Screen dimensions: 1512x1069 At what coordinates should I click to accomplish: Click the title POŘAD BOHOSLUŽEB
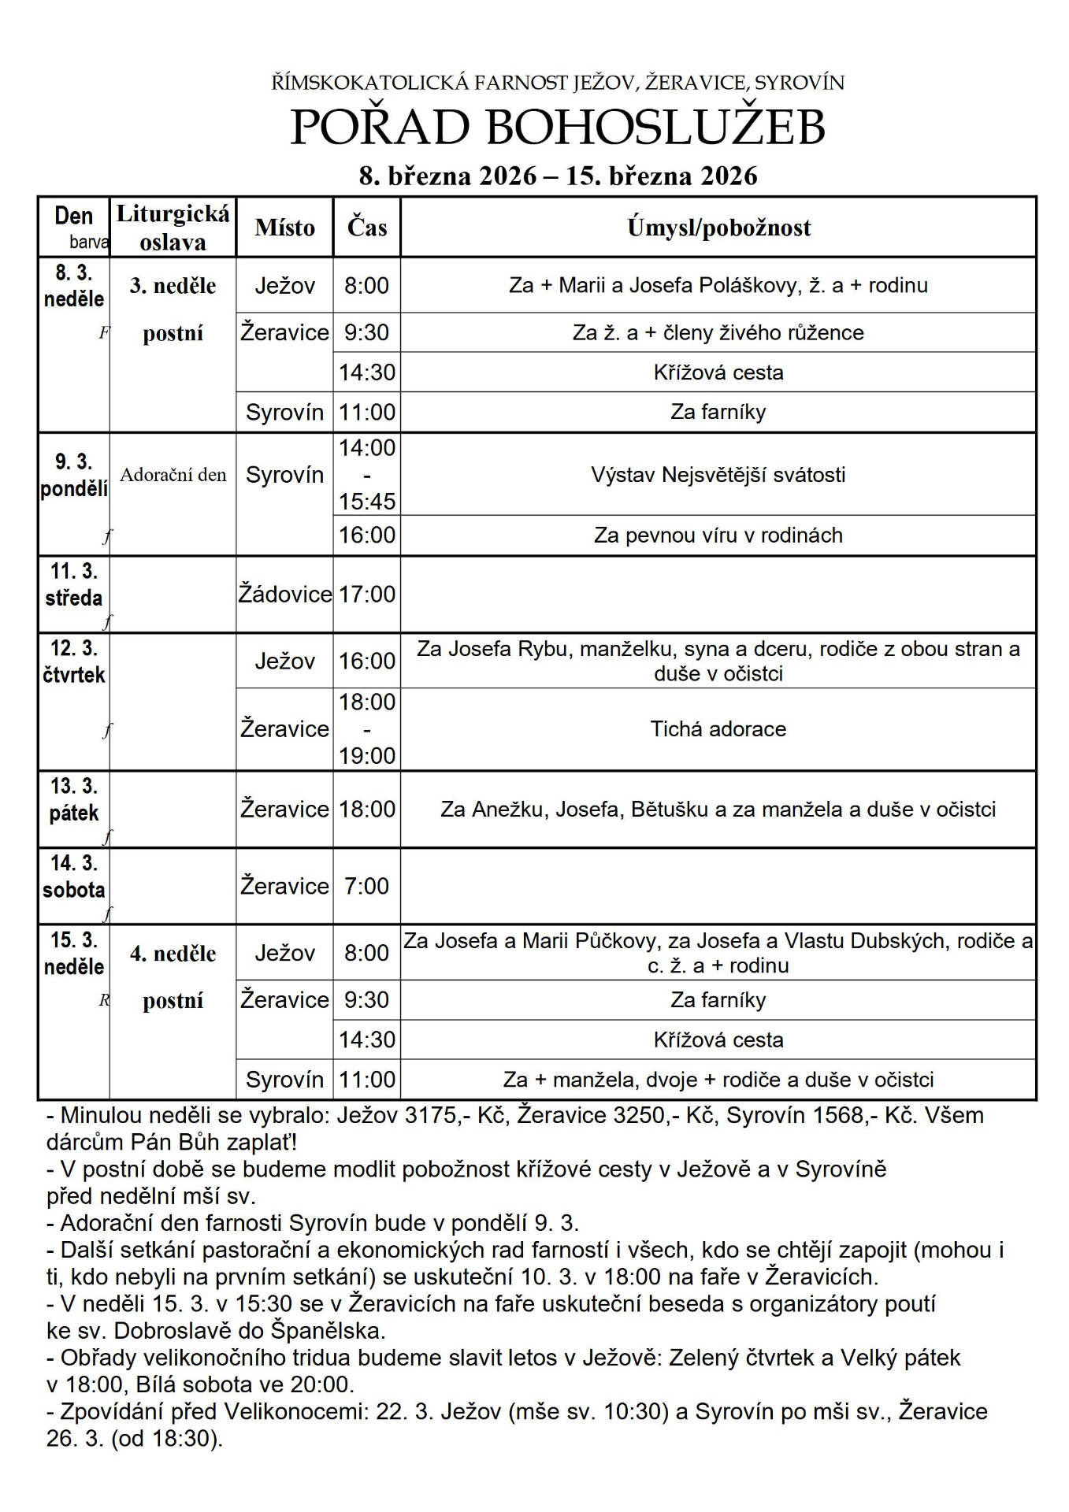(x=558, y=128)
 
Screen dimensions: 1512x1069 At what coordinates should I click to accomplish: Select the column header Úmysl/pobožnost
(x=718, y=228)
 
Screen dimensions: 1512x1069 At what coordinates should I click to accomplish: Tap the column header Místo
(x=284, y=228)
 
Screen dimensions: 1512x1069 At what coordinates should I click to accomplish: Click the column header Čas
(x=367, y=228)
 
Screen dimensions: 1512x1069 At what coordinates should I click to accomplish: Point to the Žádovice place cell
(x=284, y=595)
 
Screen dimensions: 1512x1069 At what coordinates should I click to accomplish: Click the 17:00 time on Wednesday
(x=367, y=595)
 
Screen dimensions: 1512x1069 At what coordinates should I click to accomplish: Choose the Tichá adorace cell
(x=718, y=729)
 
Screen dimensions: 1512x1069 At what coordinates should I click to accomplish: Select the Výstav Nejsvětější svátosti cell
(x=718, y=475)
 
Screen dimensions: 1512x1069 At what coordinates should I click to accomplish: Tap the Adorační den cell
(x=173, y=475)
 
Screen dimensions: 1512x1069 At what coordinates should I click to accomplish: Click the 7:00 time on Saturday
(x=367, y=886)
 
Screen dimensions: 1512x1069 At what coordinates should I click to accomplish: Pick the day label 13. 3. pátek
(x=74, y=800)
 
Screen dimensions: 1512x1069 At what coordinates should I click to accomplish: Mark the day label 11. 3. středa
(x=74, y=584)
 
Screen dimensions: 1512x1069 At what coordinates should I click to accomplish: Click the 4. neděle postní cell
(x=173, y=976)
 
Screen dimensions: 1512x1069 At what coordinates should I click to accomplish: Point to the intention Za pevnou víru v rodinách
(x=718, y=535)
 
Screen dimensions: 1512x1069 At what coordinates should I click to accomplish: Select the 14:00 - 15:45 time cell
(x=367, y=475)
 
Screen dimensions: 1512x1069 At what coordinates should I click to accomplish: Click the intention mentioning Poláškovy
(x=718, y=285)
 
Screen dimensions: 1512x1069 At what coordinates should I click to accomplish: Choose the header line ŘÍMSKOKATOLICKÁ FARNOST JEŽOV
(x=558, y=83)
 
